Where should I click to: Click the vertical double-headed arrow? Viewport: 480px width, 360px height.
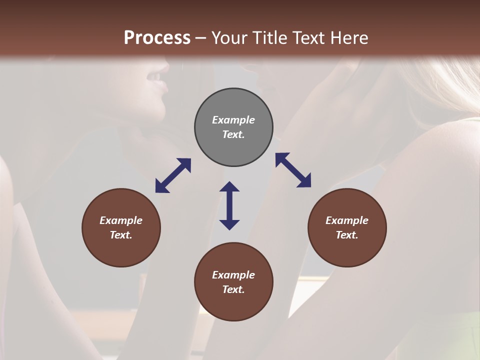pos(229,205)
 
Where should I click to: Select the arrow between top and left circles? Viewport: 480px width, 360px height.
pos(173,175)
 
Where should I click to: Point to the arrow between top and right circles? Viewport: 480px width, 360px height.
pos(293,170)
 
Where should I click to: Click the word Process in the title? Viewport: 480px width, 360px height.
pos(157,37)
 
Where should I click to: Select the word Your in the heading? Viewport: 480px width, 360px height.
pos(228,37)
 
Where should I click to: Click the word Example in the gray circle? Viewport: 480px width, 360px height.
pos(233,120)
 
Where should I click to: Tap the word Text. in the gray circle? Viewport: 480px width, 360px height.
pos(233,134)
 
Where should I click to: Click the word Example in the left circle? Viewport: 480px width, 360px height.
pos(121,220)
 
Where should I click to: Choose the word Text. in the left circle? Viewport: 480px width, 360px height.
pos(121,235)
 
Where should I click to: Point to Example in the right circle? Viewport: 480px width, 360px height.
pos(347,220)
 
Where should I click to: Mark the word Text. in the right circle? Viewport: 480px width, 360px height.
pos(347,235)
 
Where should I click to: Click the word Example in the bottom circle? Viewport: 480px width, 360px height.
pos(233,275)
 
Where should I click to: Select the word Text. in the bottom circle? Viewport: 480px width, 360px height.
pos(233,289)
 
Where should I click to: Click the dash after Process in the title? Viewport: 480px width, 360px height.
pos(201,38)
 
